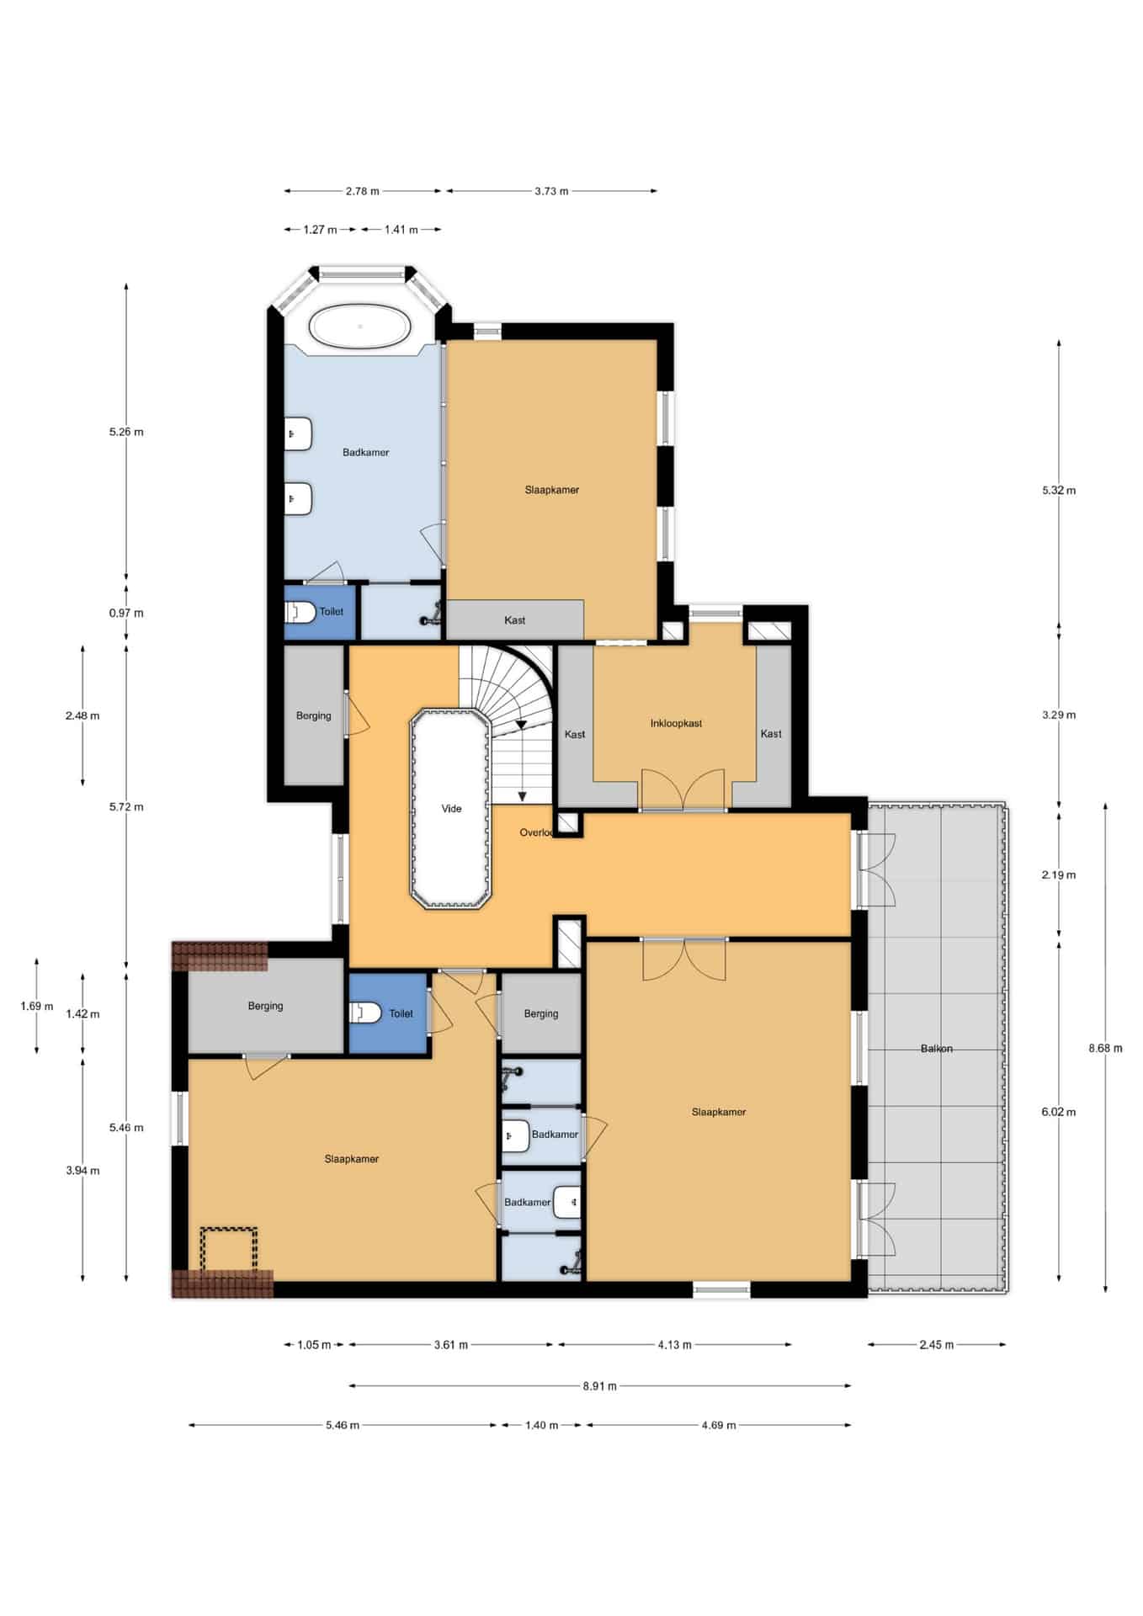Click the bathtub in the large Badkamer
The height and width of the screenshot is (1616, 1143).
click(360, 326)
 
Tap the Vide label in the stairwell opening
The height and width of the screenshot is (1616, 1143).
click(452, 809)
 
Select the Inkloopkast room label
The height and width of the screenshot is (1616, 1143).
click(676, 723)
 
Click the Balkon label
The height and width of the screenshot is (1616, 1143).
click(937, 1049)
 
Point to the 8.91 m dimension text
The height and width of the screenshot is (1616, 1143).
click(599, 1385)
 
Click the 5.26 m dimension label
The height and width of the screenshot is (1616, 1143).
click(126, 432)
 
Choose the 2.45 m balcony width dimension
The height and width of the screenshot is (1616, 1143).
click(936, 1345)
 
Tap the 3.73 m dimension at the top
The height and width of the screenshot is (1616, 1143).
click(551, 191)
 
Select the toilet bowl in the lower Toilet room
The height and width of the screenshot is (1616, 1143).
click(364, 1013)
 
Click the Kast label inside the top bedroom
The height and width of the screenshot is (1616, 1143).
click(514, 620)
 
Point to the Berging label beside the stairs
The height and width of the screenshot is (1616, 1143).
click(313, 716)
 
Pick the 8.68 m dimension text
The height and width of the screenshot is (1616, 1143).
click(1105, 1049)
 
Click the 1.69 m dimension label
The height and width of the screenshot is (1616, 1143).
click(37, 1007)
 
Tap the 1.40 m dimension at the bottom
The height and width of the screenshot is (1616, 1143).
click(541, 1425)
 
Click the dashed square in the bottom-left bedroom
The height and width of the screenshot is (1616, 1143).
click(228, 1251)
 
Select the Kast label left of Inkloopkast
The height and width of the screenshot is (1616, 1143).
click(575, 735)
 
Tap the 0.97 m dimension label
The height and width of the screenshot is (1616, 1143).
click(126, 613)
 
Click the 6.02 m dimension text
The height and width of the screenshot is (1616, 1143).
click(1058, 1112)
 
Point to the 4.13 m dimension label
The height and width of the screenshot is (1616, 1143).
click(674, 1345)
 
